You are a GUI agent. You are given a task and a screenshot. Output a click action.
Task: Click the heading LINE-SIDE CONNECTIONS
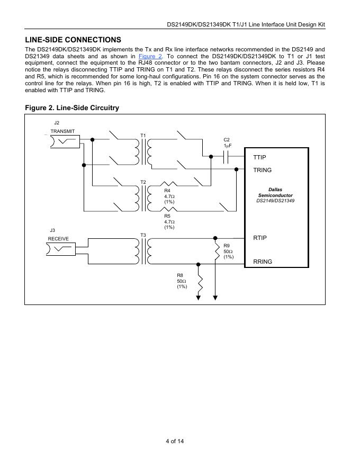73,40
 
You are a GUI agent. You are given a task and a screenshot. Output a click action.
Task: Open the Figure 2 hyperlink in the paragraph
150,56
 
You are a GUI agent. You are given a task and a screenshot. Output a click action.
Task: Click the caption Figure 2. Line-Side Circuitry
72,108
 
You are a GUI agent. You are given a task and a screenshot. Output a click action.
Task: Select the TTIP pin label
260,157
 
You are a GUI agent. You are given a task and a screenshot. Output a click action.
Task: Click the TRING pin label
263,170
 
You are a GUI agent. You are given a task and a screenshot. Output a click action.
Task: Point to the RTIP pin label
260,238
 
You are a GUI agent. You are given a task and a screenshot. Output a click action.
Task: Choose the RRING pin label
263,261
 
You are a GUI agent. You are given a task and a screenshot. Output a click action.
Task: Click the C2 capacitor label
227,140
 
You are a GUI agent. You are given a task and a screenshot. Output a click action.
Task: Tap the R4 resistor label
167,190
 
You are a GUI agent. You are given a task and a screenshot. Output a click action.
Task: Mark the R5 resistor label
167,216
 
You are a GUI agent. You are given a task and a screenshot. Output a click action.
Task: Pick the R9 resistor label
227,246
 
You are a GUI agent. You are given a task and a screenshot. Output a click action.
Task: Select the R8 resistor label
180,275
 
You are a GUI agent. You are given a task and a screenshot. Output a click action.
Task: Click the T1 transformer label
143,136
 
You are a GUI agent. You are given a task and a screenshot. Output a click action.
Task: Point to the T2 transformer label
143,182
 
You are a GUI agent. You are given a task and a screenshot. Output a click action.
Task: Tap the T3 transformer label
143,235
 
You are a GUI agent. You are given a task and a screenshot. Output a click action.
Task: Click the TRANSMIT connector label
62,131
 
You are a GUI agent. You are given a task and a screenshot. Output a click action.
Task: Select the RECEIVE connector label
58,239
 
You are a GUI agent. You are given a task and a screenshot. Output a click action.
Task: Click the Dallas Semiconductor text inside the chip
275,192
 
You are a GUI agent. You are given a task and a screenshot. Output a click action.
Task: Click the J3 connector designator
52,230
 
